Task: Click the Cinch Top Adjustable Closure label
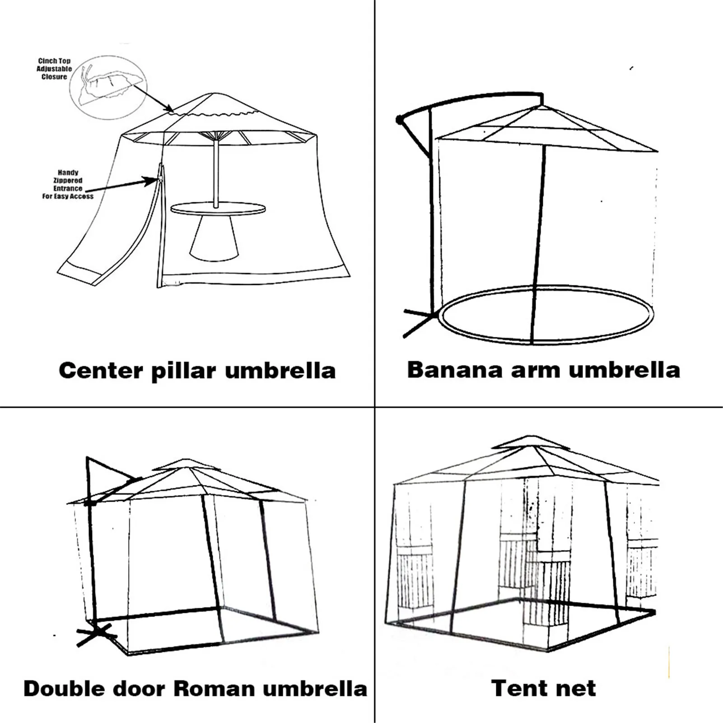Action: [54, 69]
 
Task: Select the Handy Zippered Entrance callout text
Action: [68, 184]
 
